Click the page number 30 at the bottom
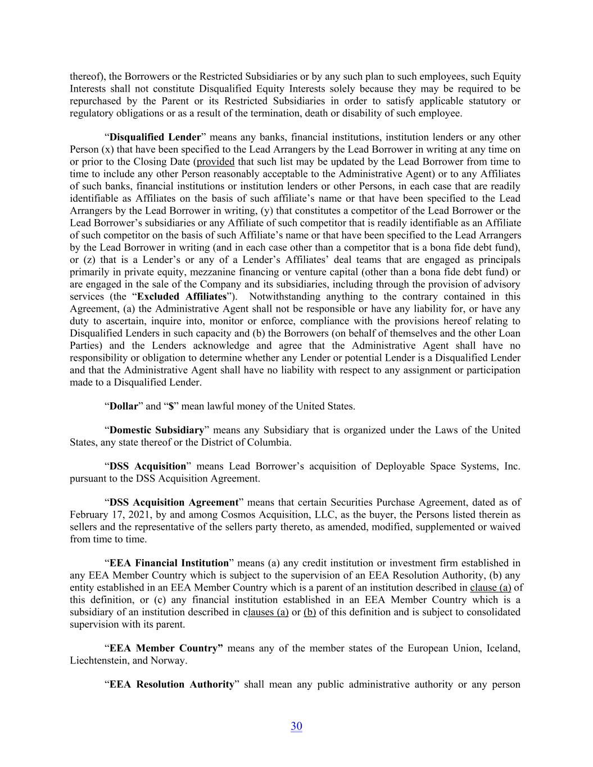click(296, 726)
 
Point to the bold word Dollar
click(123, 406)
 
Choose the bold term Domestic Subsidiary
click(156, 430)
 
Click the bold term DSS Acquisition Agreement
click(174, 502)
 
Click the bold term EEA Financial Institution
click(169, 563)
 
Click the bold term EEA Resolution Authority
click(171, 684)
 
